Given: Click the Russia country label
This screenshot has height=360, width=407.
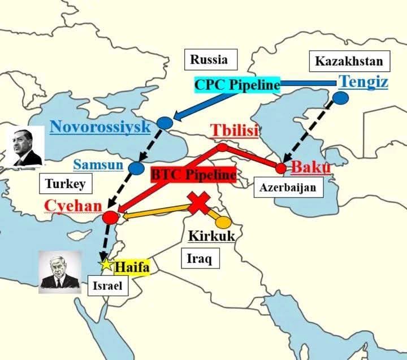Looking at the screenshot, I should click(x=209, y=59).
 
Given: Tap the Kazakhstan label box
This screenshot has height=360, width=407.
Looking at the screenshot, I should click(x=349, y=61).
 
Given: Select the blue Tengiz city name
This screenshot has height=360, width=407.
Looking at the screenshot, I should click(x=363, y=82).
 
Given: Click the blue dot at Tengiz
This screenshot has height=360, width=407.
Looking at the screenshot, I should click(x=340, y=98).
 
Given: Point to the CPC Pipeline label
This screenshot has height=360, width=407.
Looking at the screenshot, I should click(x=237, y=85).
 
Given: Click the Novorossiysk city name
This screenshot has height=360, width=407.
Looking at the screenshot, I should click(x=100, y=126).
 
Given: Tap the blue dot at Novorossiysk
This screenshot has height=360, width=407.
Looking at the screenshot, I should click(x=164, y=123).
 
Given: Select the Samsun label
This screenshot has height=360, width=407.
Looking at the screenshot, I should click(x=98, y=165).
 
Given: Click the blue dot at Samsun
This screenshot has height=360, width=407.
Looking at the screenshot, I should click(x=136, y=168).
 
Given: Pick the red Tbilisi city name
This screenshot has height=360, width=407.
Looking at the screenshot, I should click(x=235, y=131).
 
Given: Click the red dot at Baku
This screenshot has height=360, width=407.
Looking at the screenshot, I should click(x=281, y=168).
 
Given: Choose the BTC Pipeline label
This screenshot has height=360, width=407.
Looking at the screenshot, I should click(x=193, y=175).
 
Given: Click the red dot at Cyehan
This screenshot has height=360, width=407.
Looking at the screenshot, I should click(x=111, y=217).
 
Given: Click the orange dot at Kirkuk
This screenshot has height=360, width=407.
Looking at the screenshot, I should click(x=223, y=222).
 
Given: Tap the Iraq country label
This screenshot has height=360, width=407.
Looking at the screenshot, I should click(x=199, y=259).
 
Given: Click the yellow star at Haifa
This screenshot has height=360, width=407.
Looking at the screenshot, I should click(x=105, y=264).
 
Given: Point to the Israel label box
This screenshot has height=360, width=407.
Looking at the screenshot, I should click(x=107, y=286).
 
